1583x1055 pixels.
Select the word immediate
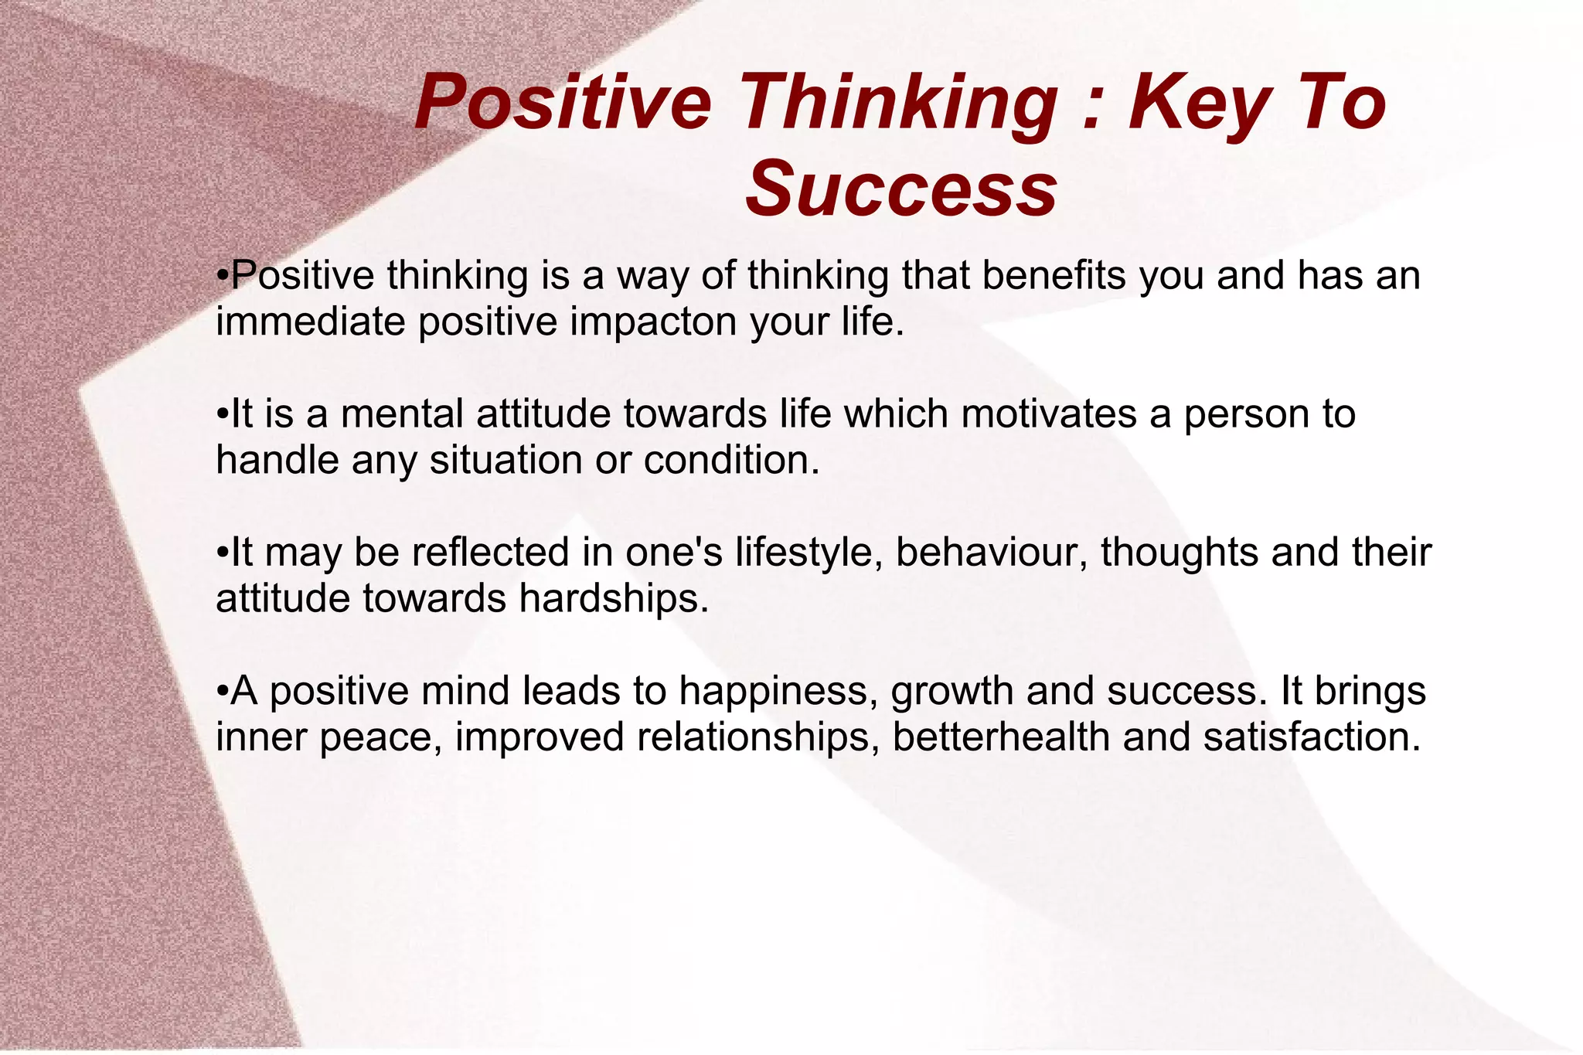310,322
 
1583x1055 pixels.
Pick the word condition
731,460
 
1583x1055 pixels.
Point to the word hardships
613,598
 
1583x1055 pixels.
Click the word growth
952,691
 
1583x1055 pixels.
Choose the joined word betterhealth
1001,737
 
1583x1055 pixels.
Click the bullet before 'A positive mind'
222,691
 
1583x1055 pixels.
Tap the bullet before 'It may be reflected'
222,553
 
